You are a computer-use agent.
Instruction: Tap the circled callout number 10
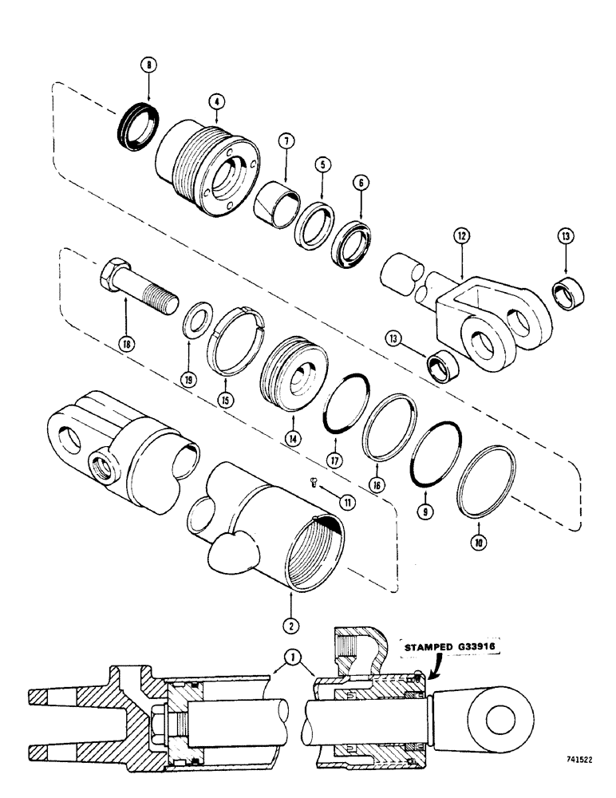point(478,551)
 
